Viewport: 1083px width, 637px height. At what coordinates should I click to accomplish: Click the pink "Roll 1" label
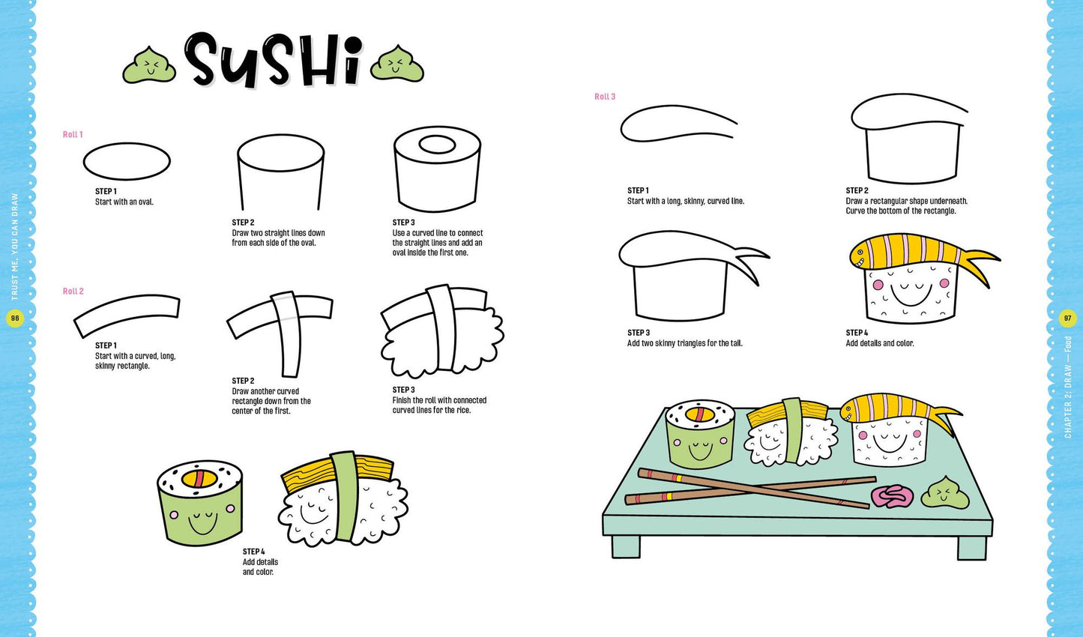click(x=73, y=134)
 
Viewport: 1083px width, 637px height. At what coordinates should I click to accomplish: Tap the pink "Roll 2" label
click(x=73, y=291)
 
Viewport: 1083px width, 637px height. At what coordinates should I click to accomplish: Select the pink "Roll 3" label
click(x=605, y=97)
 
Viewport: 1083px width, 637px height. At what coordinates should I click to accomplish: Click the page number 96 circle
click(x=15, y=318)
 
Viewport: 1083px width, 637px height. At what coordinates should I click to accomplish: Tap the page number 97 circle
click(x=1067, y=318)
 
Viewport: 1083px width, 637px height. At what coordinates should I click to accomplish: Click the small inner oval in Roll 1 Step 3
click(x=437, y=144)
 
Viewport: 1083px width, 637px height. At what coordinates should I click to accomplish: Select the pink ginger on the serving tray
click(x=892, y=496)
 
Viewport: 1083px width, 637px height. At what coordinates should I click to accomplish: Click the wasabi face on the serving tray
click(x=945, y=493)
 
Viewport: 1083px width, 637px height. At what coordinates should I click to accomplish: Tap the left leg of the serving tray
click(x=626, y=546)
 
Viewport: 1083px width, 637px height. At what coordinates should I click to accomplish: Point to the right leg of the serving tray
click(x=972, y=548)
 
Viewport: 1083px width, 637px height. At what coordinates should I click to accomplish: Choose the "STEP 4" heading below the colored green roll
click(x=254, y=552)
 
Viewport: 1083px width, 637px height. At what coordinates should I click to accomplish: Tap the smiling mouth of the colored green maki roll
click(x=202, y=524)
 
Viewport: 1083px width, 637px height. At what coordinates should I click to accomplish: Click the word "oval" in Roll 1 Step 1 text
click(x=145, y=202)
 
